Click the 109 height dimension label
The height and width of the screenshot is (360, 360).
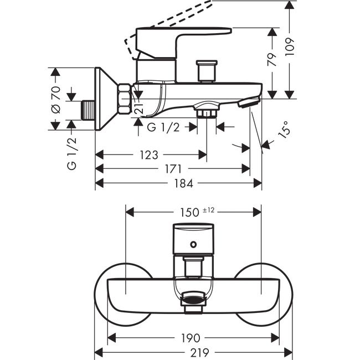coord(290,47)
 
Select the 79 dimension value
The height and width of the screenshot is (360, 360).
coord(272,60)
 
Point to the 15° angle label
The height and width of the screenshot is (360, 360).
coord(284,130)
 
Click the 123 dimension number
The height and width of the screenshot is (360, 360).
coord(149,155)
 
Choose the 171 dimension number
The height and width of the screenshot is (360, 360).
coord(173,169)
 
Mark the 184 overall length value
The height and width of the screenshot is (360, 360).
coord(183,183)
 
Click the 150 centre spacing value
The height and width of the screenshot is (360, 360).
coord(189,212)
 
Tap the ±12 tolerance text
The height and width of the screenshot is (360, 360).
coord(208,210)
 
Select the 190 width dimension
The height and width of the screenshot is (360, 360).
coord(191,338)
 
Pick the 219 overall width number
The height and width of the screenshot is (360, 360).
coord(199,352)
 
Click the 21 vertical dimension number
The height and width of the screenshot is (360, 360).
coord(140,108)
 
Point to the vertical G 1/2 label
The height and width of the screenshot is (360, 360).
coord(72,154)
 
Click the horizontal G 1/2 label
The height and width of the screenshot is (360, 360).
coord(163,127)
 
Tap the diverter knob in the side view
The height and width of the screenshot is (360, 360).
coord(207,71)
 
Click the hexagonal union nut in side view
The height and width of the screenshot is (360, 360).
coord(125,99)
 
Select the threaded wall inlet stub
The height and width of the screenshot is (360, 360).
coord(88,110)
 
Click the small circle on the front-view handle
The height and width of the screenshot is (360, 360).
coord(193,244)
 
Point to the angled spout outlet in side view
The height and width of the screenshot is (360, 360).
coord(249,102)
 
